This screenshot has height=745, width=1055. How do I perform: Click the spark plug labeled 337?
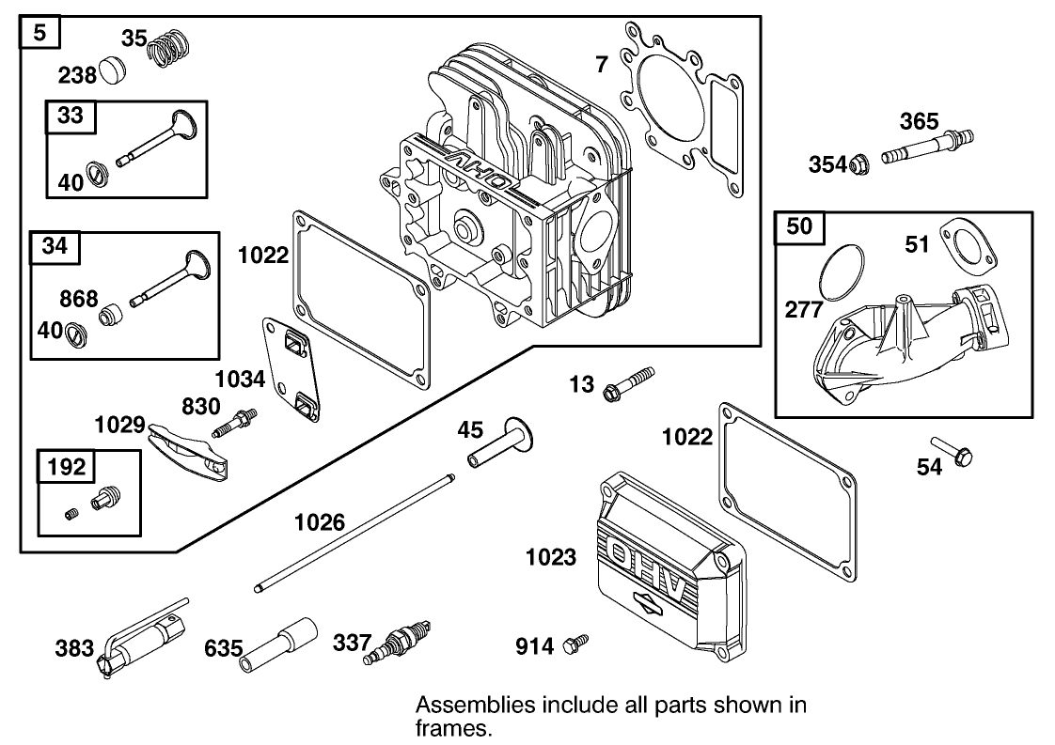pyautogui.click(x=396, y=642)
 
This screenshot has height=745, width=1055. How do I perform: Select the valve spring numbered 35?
pyautogui.click(x=170, y=47)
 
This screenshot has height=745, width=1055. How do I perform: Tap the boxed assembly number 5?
pyautogui.click(x=39, y=34)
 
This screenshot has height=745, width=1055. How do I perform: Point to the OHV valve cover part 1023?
pyautogui.click(x=665, y=564)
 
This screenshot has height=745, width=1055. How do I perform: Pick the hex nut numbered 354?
pyautogui.click(x=858, y=164)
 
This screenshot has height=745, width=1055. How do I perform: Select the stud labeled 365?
pyautogui.click(x=926, y=147)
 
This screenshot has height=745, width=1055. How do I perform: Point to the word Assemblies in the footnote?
pyautogui.click(x=463, y=705)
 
